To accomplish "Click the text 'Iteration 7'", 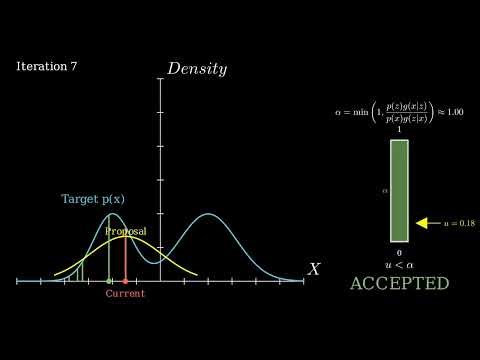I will pyautogui.click(x=47, y=66).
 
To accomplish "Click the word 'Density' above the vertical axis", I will pyautogui.click(x=197, y=69).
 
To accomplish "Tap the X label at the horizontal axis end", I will pyautogui.click(x=314, y=269).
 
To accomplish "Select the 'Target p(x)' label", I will pyautogui.click(x=94, y=199).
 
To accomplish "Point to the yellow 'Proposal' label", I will pyautogui.click(x=126, y=231).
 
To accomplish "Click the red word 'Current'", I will pyautogui.click(x=125, y=294).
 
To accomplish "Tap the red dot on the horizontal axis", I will pyautogui.click(x=125, y=281).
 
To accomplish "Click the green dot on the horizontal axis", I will pyautogui.click(x=109, y=281).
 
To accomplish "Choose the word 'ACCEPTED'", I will pyautogui.click(x=399, y=284).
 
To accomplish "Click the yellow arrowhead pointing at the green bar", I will pyautogui.click(x=421, y=223).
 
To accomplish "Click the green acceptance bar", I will pyautogui.click(x=399, y=190).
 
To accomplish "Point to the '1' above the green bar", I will pyautogui.click(x=399, y=130).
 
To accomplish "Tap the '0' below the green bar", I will pyautogui.click(x=399, y=253).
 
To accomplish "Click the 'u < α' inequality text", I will pyautogui.click(x=399, y=265).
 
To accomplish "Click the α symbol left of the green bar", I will pyautogui.click(x=383, y=189).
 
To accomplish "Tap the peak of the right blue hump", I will pyautogui.click(x=208, y=214).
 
